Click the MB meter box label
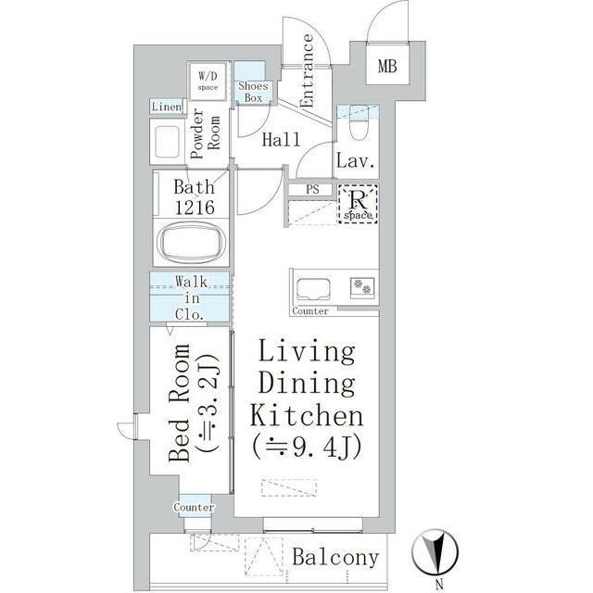coord(387,67)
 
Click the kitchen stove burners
coord(362,286)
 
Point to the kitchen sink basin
coord(313,288)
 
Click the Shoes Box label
coord(253,92)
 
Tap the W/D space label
coord(208,81)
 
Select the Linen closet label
coord(167,107)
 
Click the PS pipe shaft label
coord(312,189)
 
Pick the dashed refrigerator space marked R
coord(358,203)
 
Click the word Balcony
coord(335,558)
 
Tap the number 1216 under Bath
coord(195,207)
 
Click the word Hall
coord(282,139)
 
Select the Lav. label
coord(356,160)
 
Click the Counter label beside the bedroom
coord(194,507)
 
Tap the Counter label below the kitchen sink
coord(310,311)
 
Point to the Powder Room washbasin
coord(167,142)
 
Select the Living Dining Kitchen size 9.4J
coord(307,447)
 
